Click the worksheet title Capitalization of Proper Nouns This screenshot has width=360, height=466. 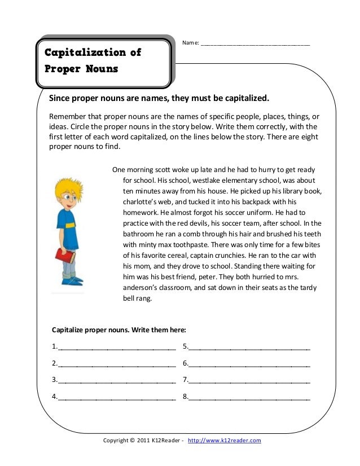point(93,61)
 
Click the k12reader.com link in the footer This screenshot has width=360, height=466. point(224,440)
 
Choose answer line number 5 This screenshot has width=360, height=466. point(249,347)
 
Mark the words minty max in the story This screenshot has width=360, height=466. point(155,245)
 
